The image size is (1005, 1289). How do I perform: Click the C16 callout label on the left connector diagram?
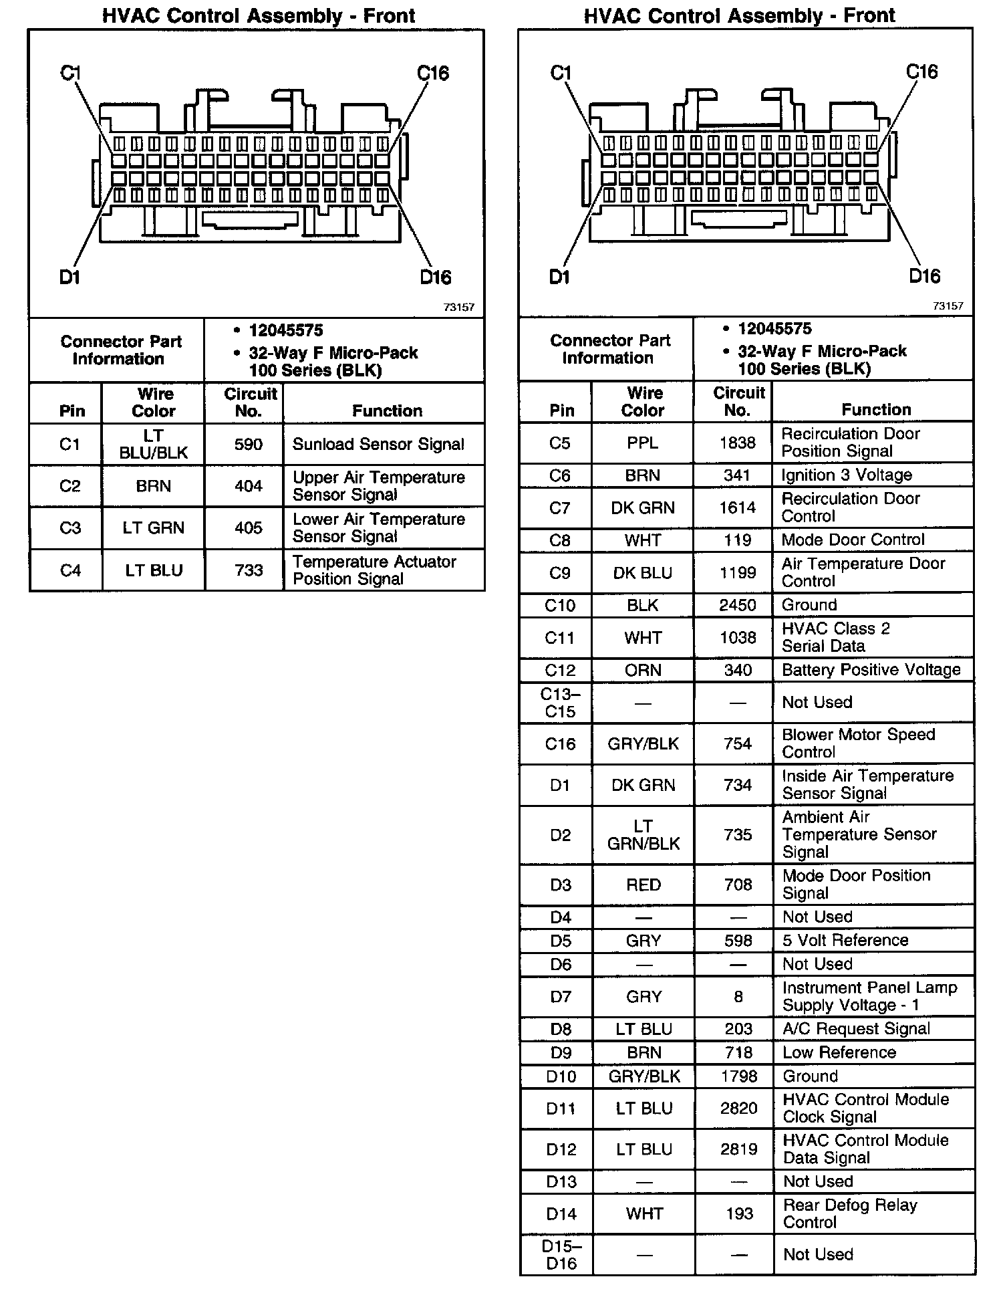coord(433,73)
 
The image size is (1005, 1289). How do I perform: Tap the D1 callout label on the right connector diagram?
coord(559,276)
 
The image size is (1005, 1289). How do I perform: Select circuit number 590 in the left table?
coord(248,445)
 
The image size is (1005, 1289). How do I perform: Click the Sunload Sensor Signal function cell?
coord(378,445)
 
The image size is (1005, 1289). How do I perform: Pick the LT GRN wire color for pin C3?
coord(153,528)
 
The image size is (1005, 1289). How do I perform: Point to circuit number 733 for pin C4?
coord(249,570)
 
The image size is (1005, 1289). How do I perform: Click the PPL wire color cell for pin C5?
coord(643,443)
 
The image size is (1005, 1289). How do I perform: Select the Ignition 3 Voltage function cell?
coord(847,475)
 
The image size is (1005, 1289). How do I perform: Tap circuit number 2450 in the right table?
coord(738,605)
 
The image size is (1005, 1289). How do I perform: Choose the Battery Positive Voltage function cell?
coord(871,670)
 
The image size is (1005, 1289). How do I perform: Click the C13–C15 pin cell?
coord(560,703)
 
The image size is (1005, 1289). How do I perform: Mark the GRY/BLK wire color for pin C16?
coord(643,743)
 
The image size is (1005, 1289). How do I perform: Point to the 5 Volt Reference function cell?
coord(845,941)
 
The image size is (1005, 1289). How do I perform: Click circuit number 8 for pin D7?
coord(738,997)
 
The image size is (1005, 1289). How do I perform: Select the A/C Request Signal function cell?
coord(856,1029)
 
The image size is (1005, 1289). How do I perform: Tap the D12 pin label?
coord(561,1149)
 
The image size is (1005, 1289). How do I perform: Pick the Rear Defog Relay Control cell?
coord(850,1213)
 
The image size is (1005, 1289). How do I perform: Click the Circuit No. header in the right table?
coord(738,401)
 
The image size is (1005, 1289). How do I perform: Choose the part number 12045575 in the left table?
coord(286,330)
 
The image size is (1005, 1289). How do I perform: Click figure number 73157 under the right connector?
coord(948,306)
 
